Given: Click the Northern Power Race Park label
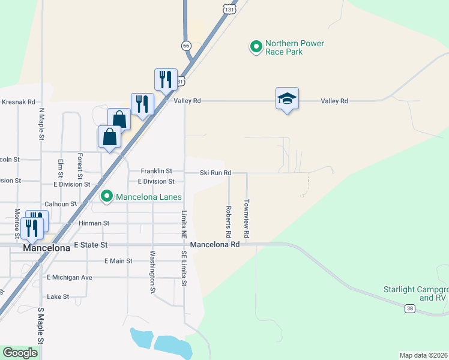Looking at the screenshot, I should (x=294, y=47).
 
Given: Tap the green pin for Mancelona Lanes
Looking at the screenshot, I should (x=107, y=196).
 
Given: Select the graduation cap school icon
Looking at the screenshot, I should (x=287, y=98).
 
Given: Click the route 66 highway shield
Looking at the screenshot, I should (x=187, y=46).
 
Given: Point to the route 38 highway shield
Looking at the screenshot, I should (x=410, y=308).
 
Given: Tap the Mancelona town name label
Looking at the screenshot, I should (x=46, y=247).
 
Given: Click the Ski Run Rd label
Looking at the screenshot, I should (x=215, y=173).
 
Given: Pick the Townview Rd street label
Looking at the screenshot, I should (x=247, y=217).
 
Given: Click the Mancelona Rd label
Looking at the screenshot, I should (x=215, y=245).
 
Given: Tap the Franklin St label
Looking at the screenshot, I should (x=156, y=172).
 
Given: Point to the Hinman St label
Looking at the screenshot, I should (x=94, y=223).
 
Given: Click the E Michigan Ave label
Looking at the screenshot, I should (x=70, y=278).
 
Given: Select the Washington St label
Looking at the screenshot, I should (x=152, y=272).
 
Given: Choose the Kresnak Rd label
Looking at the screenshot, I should (x=18, y=103).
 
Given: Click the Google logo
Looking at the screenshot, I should (x=20, y=353).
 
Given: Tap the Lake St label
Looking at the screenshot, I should (x=58, y=296).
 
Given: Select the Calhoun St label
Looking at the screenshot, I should (x=61, y=204).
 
